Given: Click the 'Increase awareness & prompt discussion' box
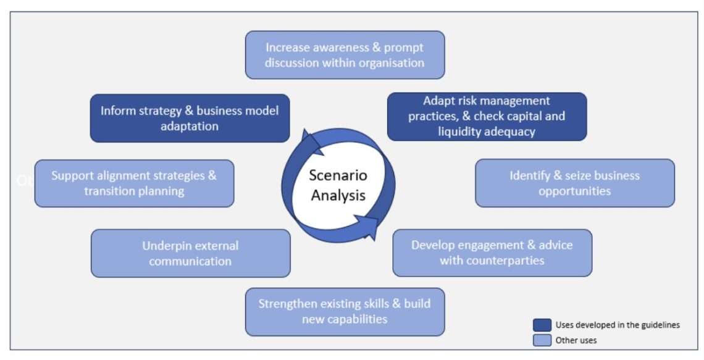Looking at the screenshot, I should [345, 55].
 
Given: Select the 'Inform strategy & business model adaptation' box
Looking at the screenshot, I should [190, 118].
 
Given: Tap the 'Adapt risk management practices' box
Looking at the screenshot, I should [487, 117].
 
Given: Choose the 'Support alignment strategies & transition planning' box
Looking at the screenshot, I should [134, 183].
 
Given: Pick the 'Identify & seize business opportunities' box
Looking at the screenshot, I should [574, 183].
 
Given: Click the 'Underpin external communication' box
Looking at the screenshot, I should [190, 253].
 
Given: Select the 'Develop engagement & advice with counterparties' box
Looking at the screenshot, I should [492, 253].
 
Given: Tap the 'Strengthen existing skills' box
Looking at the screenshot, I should [345, 311].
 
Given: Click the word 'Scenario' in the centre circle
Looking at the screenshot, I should [338, 175].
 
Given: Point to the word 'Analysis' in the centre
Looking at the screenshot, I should [338, 195].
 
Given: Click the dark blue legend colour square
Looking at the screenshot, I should [542, 325].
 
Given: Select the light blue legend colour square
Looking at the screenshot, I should [542, 339].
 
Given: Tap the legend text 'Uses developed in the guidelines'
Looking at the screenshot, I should [618, 325].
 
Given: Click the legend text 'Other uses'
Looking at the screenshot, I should [576, 340].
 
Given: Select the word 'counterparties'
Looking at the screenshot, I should [492, 260].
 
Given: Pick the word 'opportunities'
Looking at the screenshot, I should [574, 191].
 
